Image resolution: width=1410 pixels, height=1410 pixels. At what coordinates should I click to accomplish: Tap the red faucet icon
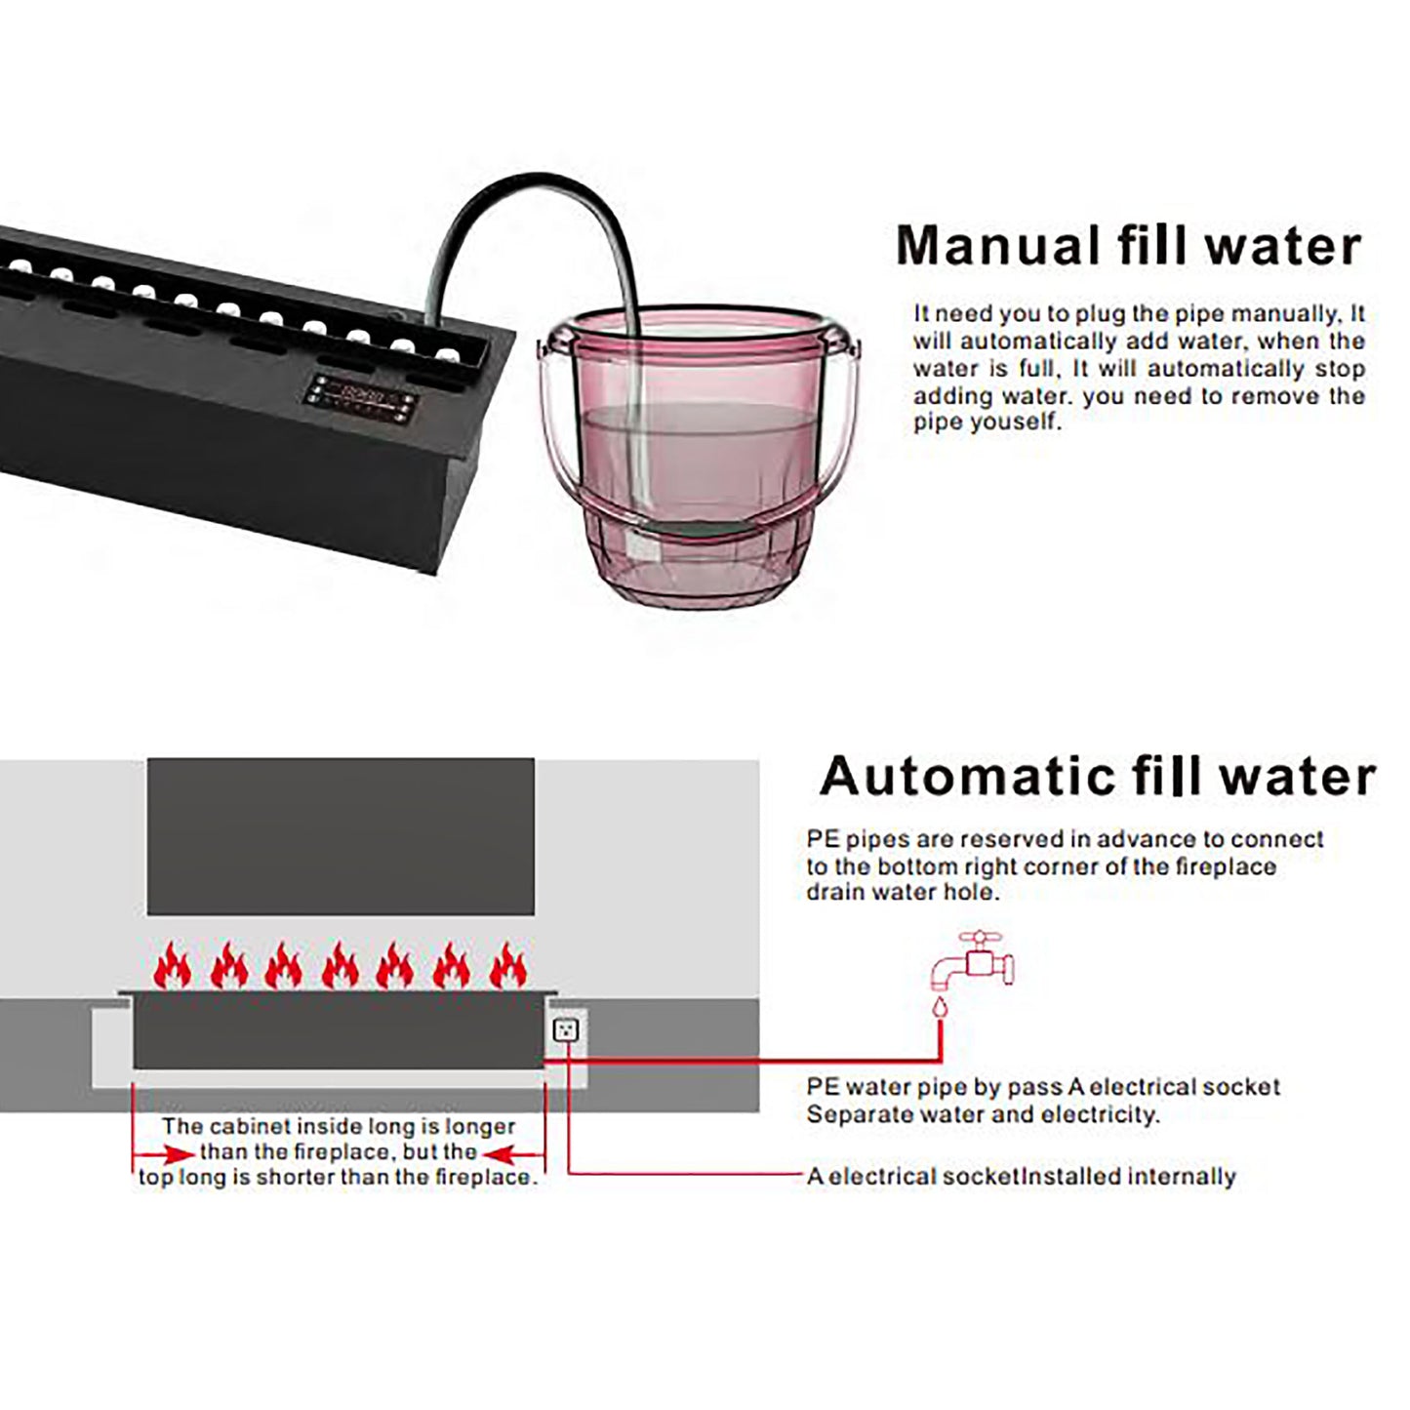coord(973,959)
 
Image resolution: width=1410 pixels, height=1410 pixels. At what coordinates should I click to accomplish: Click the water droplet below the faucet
coord(940,1008)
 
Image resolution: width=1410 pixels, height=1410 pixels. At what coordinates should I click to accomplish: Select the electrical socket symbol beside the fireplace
coord(566,1030)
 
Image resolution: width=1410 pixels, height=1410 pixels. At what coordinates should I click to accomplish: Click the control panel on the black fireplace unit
coord(361,399)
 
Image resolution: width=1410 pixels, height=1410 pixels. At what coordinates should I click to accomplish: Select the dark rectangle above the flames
coord(341,835)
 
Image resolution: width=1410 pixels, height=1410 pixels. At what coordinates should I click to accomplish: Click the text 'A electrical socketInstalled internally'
coord(1022,1176)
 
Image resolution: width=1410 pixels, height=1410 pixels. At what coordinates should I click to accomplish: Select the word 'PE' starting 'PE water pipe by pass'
coord(823,1086)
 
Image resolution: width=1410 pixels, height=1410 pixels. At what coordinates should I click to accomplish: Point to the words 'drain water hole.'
coord(903,891)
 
